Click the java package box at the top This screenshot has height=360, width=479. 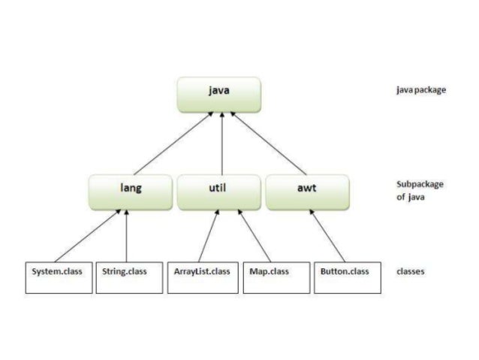[x=219, y=93]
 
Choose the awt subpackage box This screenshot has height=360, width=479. [x=307, y=192]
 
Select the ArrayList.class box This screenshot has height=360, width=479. [x=198, y=277]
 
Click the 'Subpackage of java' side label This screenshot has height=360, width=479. [x=419, y=191]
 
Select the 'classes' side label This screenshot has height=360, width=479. [x=410, y=272]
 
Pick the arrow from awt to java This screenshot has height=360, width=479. [x=269, y=143]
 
